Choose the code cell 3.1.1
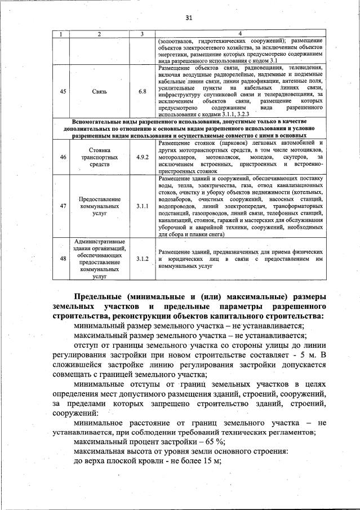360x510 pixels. tap(142, 206)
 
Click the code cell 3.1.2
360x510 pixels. tap(142, 259)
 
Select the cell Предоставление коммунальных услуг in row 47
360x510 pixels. tap(99, 206)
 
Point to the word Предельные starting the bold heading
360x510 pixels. tap(99, 296)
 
